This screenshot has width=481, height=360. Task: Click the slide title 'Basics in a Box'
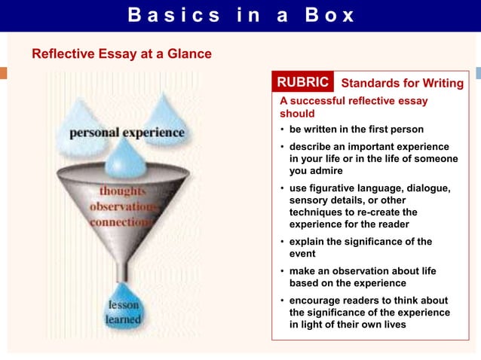(x=240, y=15)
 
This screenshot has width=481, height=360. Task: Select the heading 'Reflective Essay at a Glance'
(x=121, y=54)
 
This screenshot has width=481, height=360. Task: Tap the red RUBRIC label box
(x=303, y=82)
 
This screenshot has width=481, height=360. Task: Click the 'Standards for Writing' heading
(x=402, y=83)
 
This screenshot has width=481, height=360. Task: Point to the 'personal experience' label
(x=127, y=133)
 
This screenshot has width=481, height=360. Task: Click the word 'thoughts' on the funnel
(x=123, y=191)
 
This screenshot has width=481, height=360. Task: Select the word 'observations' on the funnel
(x=121, y=206)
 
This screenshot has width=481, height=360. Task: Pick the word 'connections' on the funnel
(x=121, y=222)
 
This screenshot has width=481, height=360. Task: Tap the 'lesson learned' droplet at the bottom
(x=123, y=312)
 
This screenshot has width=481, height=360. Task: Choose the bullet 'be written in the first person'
(x=356, y=129)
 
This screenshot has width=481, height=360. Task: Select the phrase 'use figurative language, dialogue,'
(x=369, y=188)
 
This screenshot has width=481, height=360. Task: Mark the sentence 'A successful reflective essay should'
(x=354, y=106)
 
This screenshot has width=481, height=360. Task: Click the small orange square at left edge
(x=3, y=73)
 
